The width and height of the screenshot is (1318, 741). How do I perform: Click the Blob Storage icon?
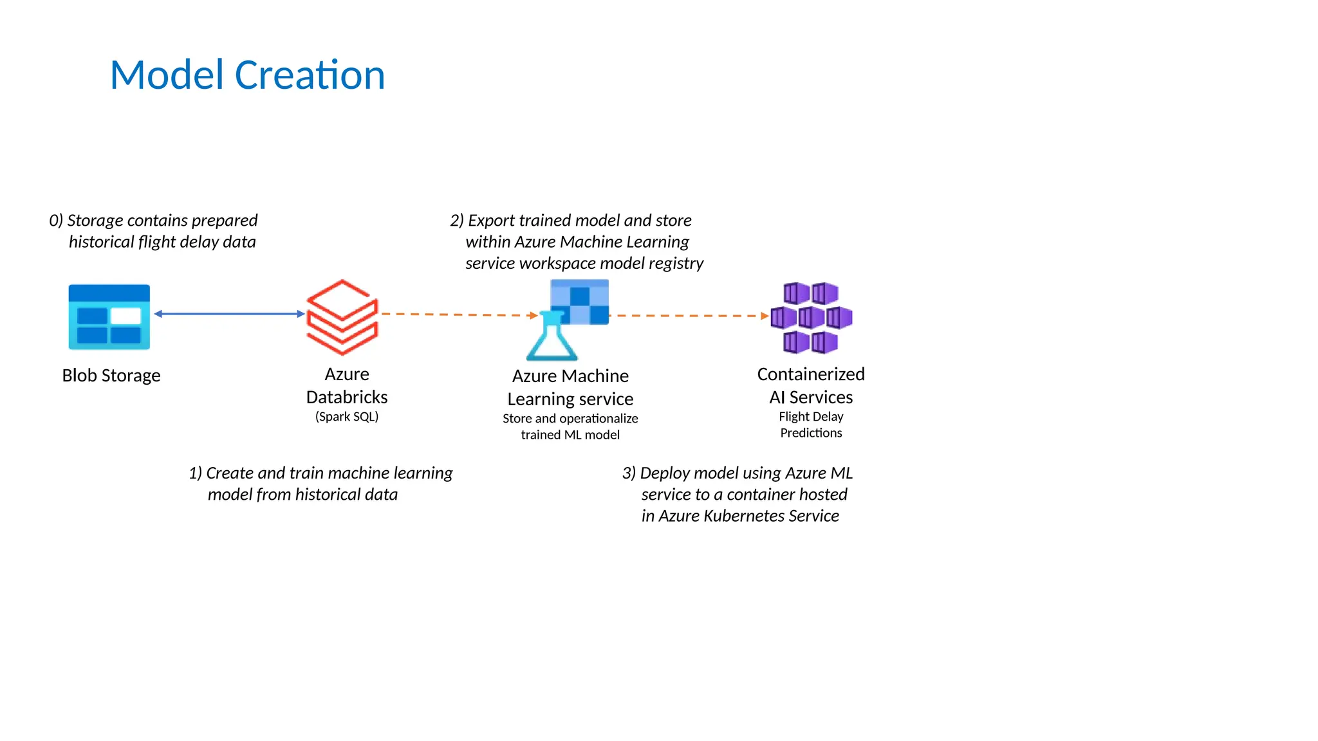click(109, 317)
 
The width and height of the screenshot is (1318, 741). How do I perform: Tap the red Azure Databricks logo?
click(342, 317)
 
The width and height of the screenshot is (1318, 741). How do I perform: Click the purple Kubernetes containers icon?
click(811, 317)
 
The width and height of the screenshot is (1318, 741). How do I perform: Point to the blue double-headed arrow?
click(229, 314)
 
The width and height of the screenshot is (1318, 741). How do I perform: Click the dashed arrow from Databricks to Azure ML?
click(458, 315)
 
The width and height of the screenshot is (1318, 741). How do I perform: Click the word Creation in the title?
click(310, 75)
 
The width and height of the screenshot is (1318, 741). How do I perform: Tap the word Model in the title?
click(167, 75)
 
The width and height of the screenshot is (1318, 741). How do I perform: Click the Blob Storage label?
click(111, 376)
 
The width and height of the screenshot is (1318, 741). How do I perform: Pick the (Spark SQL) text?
click(347, 417)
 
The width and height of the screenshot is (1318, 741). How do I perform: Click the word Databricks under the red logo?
click(347, 397)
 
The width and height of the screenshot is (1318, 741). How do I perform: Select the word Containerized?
click(811, 374)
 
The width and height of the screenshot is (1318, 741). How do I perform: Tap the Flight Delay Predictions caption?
click(811, 425)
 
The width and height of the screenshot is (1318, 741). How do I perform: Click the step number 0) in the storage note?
click(56, 221)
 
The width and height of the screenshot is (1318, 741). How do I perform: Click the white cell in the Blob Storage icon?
click(125, 316)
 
